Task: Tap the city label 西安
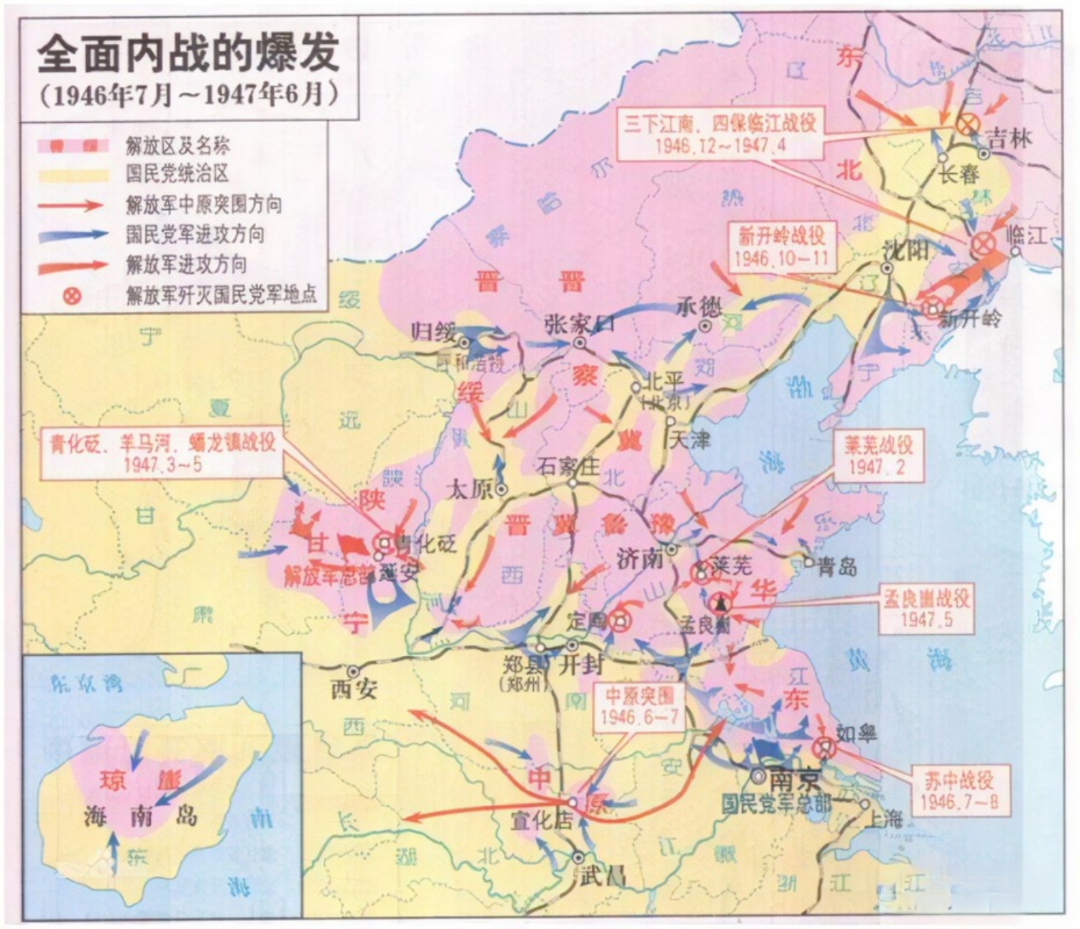[x=354, y=689]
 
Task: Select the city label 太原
[x=470, y=489]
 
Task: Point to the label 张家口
[x=579, y=325]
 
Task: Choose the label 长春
[x=959, y=173]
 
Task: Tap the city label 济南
[x=639, y=558]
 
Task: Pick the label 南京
[x=794, y=779]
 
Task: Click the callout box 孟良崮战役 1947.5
[x=926, y=609]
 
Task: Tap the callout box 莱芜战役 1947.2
[x=878, y=457]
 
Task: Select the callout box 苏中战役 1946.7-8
[x=959, y=790]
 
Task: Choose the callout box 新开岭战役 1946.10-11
[x=781, y=246]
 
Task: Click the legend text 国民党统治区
[x=177, y=175]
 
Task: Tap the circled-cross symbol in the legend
[x=72, y=295]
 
